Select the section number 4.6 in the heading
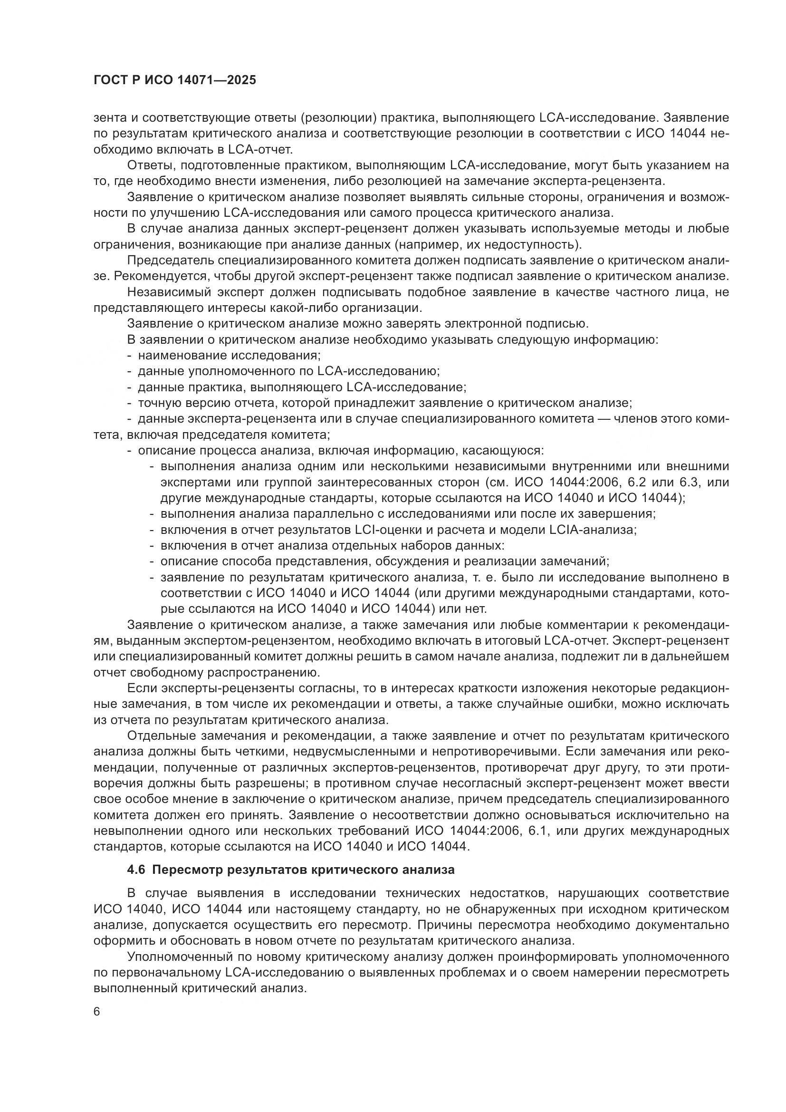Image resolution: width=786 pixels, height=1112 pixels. point(136,870)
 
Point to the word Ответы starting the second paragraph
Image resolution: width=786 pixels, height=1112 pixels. point(145,165)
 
